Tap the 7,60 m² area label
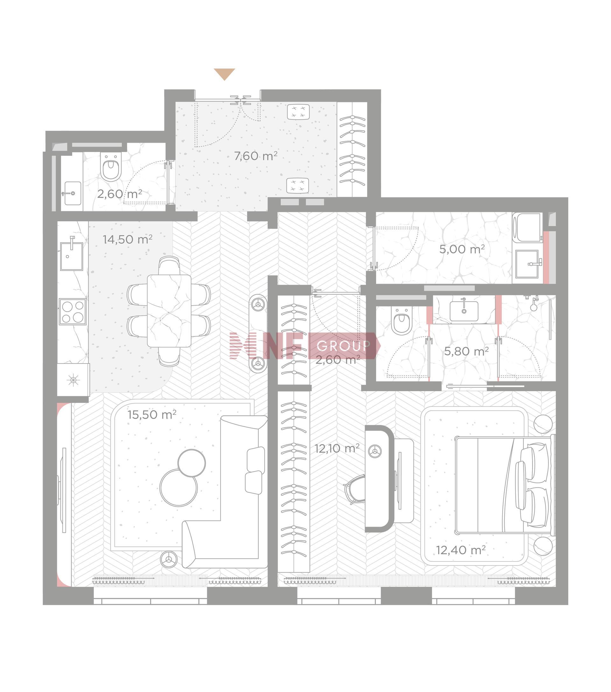[256, 156]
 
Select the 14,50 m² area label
[127, 239]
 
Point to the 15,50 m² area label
[152, 414]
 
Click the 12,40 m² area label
[460, 550]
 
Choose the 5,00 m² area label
[462, 250]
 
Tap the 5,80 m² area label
[466, 351]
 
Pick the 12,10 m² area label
[337, 449]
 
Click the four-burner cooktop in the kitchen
[73, 311]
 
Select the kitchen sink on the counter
[72, 256]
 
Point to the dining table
[169, 311]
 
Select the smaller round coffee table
[191, 463]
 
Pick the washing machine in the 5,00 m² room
[527, 227]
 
